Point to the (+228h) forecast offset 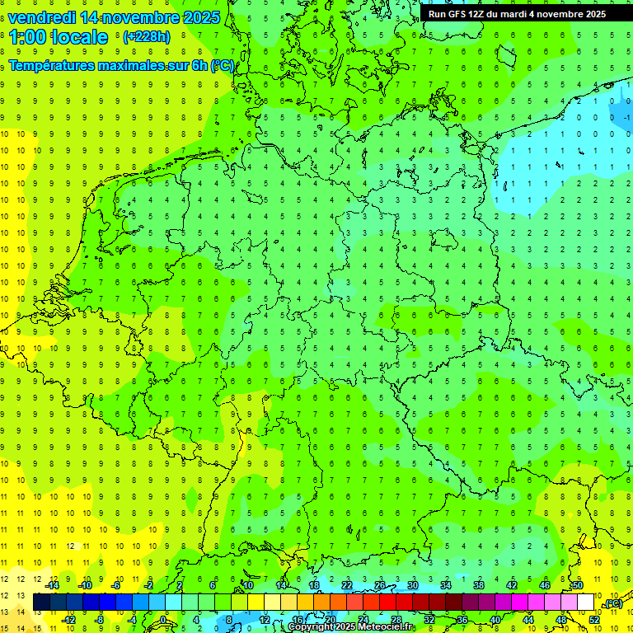(147, 36)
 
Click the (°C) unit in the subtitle (223, 65)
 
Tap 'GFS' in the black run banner (461, 14)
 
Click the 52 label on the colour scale (594, 619)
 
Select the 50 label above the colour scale (578, 585)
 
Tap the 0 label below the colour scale (164, 619)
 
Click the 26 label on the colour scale (380, 585)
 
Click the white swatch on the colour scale (586, 603)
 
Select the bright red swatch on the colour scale (388, 603)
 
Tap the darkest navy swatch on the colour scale (41, 603)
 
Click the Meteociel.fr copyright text (351, 627)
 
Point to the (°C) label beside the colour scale (612, 603)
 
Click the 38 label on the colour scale (479, 585)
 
